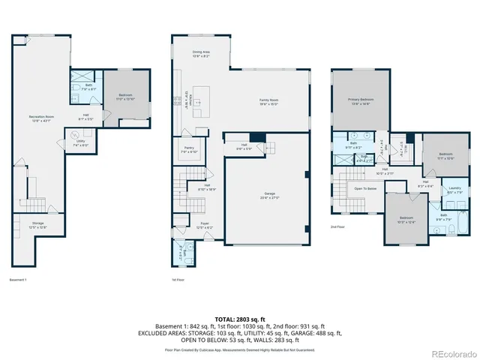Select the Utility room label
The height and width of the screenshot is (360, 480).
pyautogui.click(x=80, y=144)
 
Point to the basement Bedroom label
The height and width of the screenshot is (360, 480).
pyautogui.click(x=124, y=97)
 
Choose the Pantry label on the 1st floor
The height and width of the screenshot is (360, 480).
pyautogui.click(x=187, y=149)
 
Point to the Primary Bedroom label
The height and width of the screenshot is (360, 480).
pyautogui.click(x=361, y=100)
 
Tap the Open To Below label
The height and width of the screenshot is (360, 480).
pyautogui.click(x=365, y=189)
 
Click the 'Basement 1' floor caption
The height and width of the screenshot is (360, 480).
pyautogui.click(x=18, y=280)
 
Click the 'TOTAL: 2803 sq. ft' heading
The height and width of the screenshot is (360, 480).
pyautogui.click(x=240, y=319)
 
